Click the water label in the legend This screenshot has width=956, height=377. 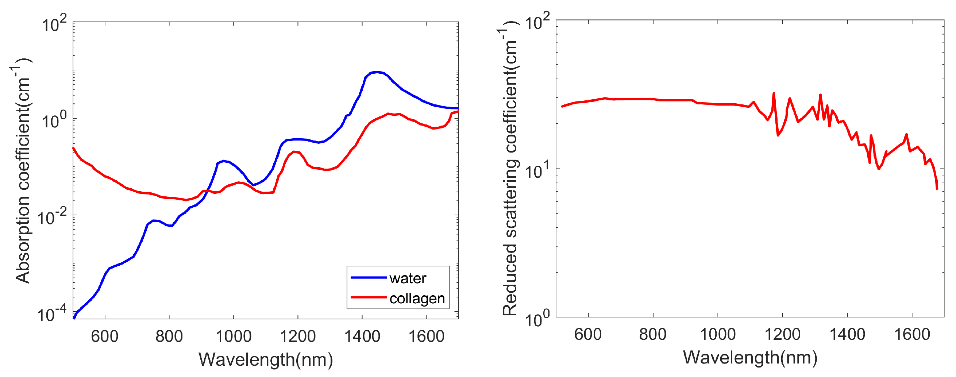408,278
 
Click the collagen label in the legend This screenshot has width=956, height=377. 417,298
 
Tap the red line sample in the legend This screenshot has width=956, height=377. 369,297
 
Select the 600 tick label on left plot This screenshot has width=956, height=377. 105,336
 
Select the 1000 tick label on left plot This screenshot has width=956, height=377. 234,336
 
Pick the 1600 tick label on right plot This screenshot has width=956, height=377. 912,335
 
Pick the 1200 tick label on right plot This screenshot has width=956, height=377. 782,335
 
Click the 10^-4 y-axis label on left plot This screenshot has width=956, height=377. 52,314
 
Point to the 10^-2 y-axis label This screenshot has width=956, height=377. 52,218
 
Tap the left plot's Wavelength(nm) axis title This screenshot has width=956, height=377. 266,359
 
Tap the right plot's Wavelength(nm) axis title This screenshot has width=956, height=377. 750,358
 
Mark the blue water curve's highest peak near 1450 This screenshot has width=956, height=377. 377,72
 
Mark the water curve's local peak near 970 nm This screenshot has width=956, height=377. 223,161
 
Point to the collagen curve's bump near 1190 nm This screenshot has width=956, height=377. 295,151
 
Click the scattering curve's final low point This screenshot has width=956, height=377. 937,188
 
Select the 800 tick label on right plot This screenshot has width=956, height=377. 652,335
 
